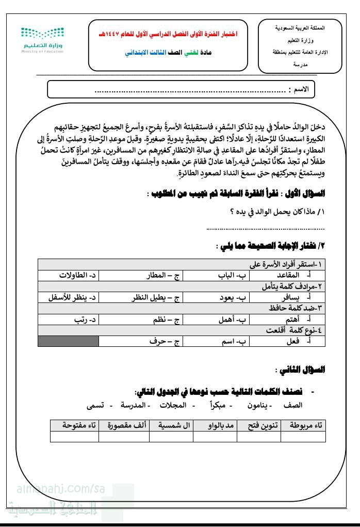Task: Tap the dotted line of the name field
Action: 191,92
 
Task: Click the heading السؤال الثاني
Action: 307,370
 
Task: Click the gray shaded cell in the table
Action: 68,341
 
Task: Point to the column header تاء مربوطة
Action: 305,425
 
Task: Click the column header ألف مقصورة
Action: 127,425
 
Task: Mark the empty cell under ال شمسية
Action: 171,437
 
